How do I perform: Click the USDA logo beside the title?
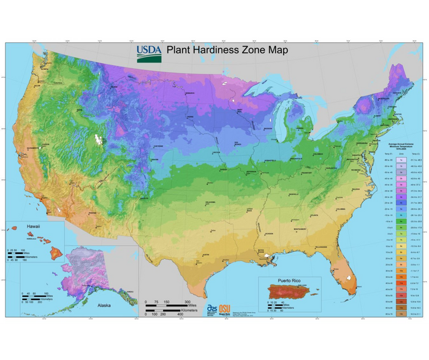149,54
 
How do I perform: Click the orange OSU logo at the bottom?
225,308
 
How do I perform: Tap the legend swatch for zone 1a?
400,159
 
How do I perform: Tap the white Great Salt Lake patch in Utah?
96,140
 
